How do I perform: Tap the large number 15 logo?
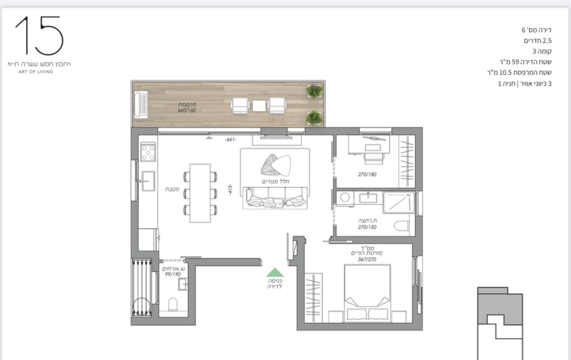(x=40, y=35)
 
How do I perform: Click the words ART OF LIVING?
(x=36, y=72)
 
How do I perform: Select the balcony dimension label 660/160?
(x=187, y=110)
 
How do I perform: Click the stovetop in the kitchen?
(x=148, y=152)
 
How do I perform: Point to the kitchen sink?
(x=148, y=181)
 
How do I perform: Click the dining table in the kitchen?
(x=200, y=193)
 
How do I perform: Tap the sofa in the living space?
(x=275, y=198)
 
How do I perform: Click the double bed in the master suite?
(x=367, y=293)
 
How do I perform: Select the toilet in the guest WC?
(x=173, y=304)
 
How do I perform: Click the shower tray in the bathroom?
(x=398, y=202)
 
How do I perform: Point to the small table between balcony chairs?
(x=259, y=106)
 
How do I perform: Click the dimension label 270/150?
(x=367, y=227)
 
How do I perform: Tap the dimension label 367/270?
(x=367, y=259)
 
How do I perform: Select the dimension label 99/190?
(x=173, y=274)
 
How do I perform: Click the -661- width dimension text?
(x=231, y=139)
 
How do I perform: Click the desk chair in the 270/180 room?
(x=374, y=159)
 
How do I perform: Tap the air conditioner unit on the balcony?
(x=141, y=105)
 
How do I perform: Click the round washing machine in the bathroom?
(x=345, y=197)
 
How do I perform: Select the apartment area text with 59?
(x=525, y=62)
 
